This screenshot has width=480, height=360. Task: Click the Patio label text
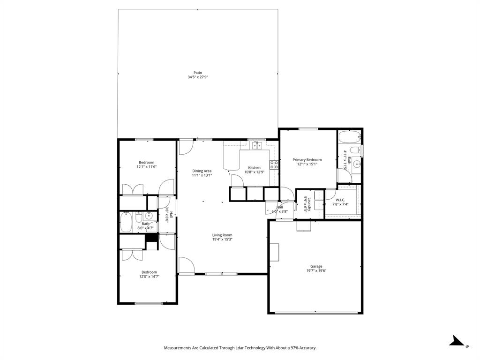tap(197, 73)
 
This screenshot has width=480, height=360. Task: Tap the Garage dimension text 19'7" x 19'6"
tap(316, 270)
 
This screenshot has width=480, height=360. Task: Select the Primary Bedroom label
tap(307, 160)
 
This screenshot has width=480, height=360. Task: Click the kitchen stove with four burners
tap(274, 165)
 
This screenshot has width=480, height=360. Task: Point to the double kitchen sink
tap(256, 146)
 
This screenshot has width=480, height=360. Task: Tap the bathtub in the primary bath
tap(349, 137)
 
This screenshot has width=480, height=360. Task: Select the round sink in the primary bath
tap(356, 164)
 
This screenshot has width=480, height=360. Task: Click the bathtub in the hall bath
tap(127, 222)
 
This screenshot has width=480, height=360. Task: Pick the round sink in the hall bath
tap(148, 216)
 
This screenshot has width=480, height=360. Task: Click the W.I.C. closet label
tap(340, 200)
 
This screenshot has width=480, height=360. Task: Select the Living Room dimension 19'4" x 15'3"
tap(222, 240)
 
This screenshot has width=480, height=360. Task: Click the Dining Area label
tap(202, 171)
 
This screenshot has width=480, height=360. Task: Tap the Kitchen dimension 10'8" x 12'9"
tap(255, 172)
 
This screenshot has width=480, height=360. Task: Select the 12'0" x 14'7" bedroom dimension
tap(149, 277)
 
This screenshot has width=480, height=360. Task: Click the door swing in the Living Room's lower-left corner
tap(186, 265)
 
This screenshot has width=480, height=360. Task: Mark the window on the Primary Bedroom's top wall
tap(308, 129)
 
